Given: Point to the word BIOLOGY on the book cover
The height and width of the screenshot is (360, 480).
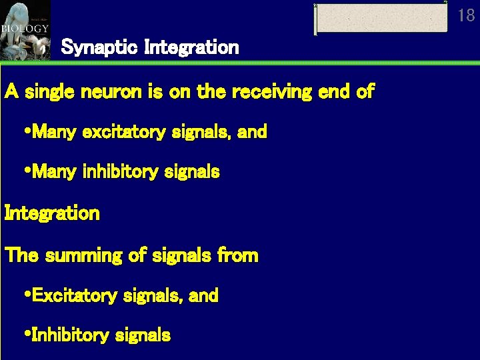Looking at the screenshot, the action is (25, 29).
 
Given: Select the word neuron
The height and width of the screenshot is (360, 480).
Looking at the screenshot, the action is (104, 92).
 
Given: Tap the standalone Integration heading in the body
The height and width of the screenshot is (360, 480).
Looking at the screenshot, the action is (52, 214).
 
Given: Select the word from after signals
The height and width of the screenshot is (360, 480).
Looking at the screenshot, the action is (237, 255).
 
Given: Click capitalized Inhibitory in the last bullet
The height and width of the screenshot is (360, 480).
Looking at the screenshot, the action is (71, 335).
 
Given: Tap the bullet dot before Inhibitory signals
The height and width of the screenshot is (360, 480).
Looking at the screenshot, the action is (27, 335).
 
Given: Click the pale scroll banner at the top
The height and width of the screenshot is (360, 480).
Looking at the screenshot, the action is (381, 18).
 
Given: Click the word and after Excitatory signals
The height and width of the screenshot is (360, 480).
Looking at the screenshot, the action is (204, 295).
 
